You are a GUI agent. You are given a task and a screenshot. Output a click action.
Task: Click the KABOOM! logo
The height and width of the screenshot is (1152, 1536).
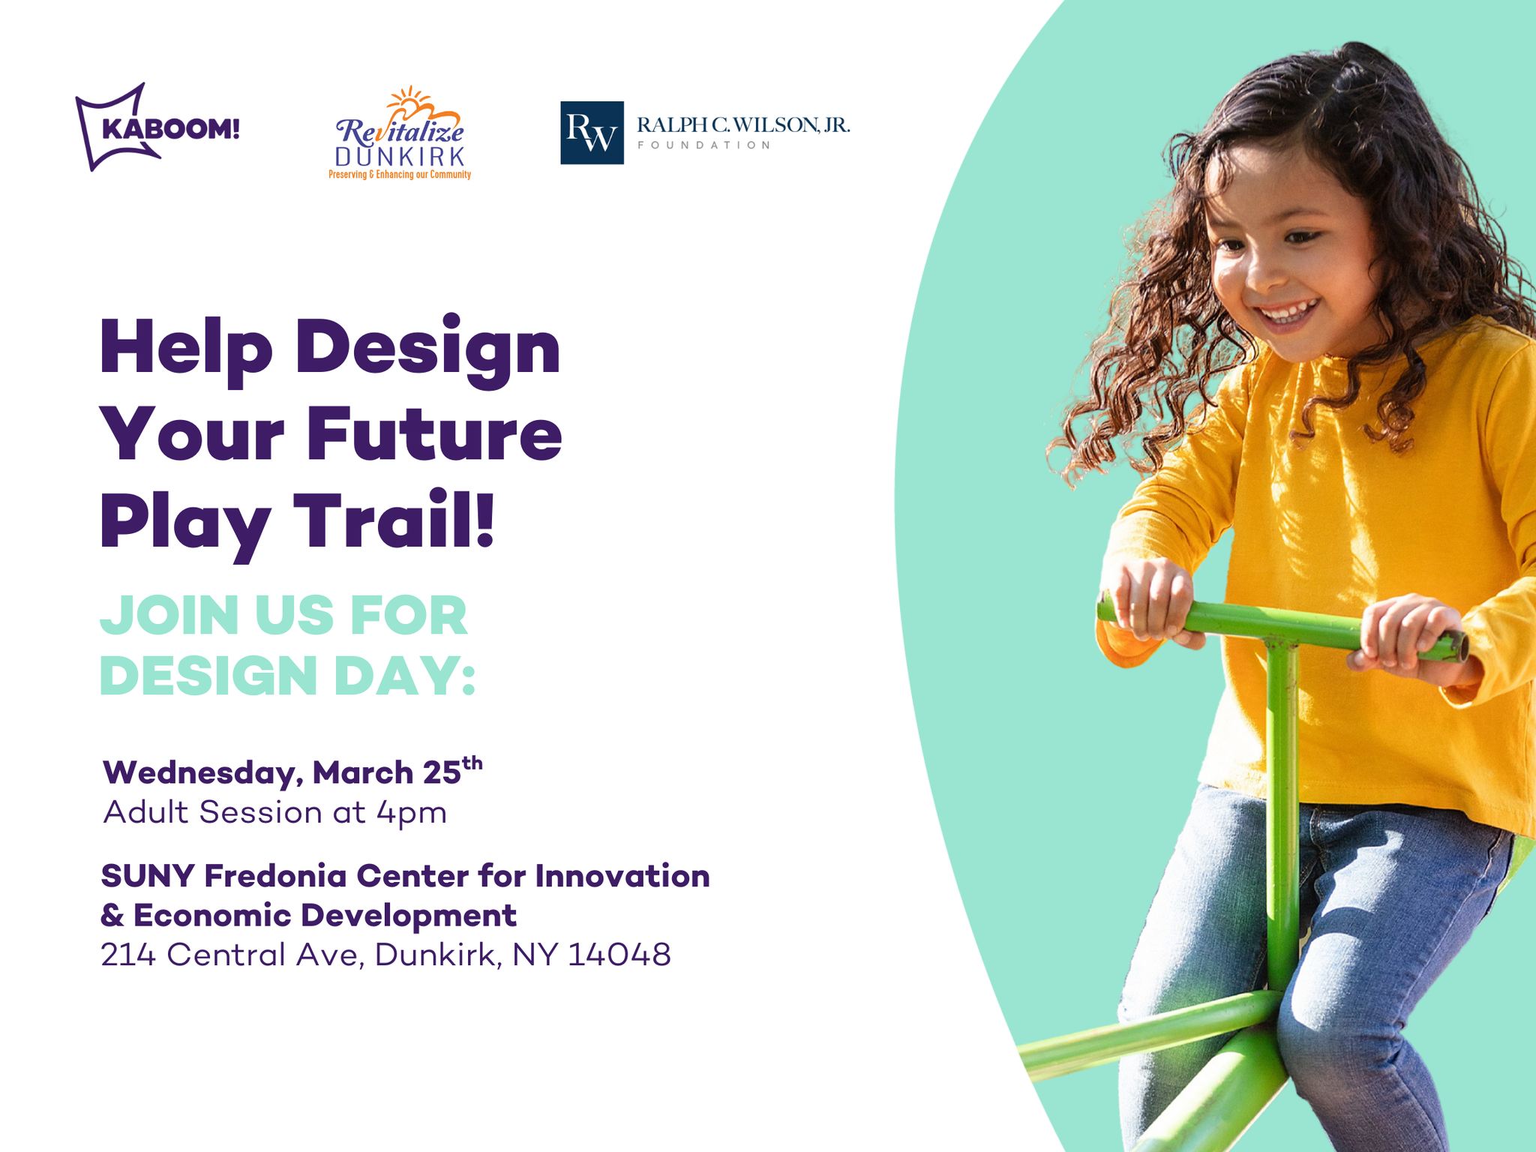coord(157,127)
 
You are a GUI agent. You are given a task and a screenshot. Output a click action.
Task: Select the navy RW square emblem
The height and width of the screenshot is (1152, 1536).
coord(592,133)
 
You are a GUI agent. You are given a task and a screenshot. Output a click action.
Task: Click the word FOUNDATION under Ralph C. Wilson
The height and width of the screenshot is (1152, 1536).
coord(703,145)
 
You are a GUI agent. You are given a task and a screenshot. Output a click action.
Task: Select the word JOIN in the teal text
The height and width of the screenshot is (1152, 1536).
coord(169,616)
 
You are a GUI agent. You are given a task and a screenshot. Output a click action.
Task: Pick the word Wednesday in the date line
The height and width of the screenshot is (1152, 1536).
coord(203,773)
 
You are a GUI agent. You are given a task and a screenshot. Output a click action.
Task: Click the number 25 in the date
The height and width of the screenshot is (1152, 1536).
coord(442,772)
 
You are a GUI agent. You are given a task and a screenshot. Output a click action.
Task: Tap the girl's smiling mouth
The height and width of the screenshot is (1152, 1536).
coord(1288,310)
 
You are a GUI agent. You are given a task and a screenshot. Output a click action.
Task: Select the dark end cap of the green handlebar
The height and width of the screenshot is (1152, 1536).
coord(1459,646)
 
